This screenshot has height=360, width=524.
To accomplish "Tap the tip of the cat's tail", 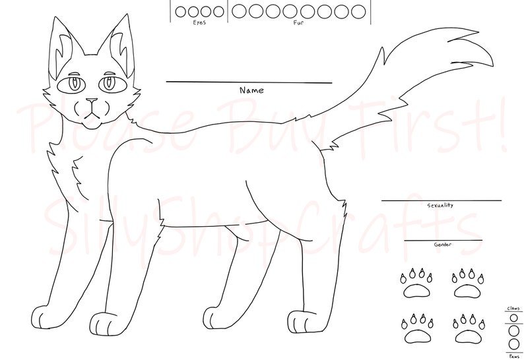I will click(x=492, y=65).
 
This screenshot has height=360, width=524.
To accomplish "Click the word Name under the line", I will click(x=251, y=89).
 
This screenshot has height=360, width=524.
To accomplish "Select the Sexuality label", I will click(x=432, y=206).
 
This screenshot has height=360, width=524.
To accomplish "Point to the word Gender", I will click(x=442, y=245).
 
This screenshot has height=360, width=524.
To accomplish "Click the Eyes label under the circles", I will click(x=200, y=22).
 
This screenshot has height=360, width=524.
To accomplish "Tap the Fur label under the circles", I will click(x=298, y=22).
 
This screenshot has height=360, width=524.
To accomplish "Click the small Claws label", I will click(x=513, y=308).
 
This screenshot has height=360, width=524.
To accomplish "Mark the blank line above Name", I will click(x=249, y=82).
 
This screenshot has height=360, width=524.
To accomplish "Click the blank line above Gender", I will click(x=443, y=240).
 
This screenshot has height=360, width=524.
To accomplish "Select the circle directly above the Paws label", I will click(x=513, y=344).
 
